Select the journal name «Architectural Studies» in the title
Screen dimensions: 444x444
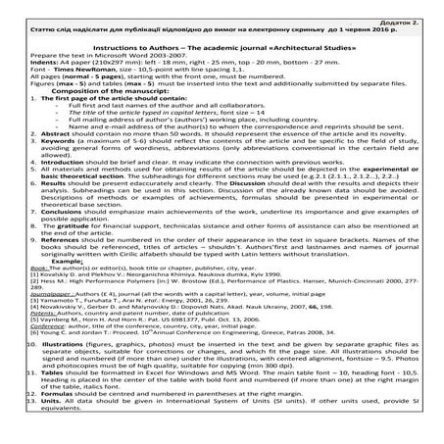point(295,46)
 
